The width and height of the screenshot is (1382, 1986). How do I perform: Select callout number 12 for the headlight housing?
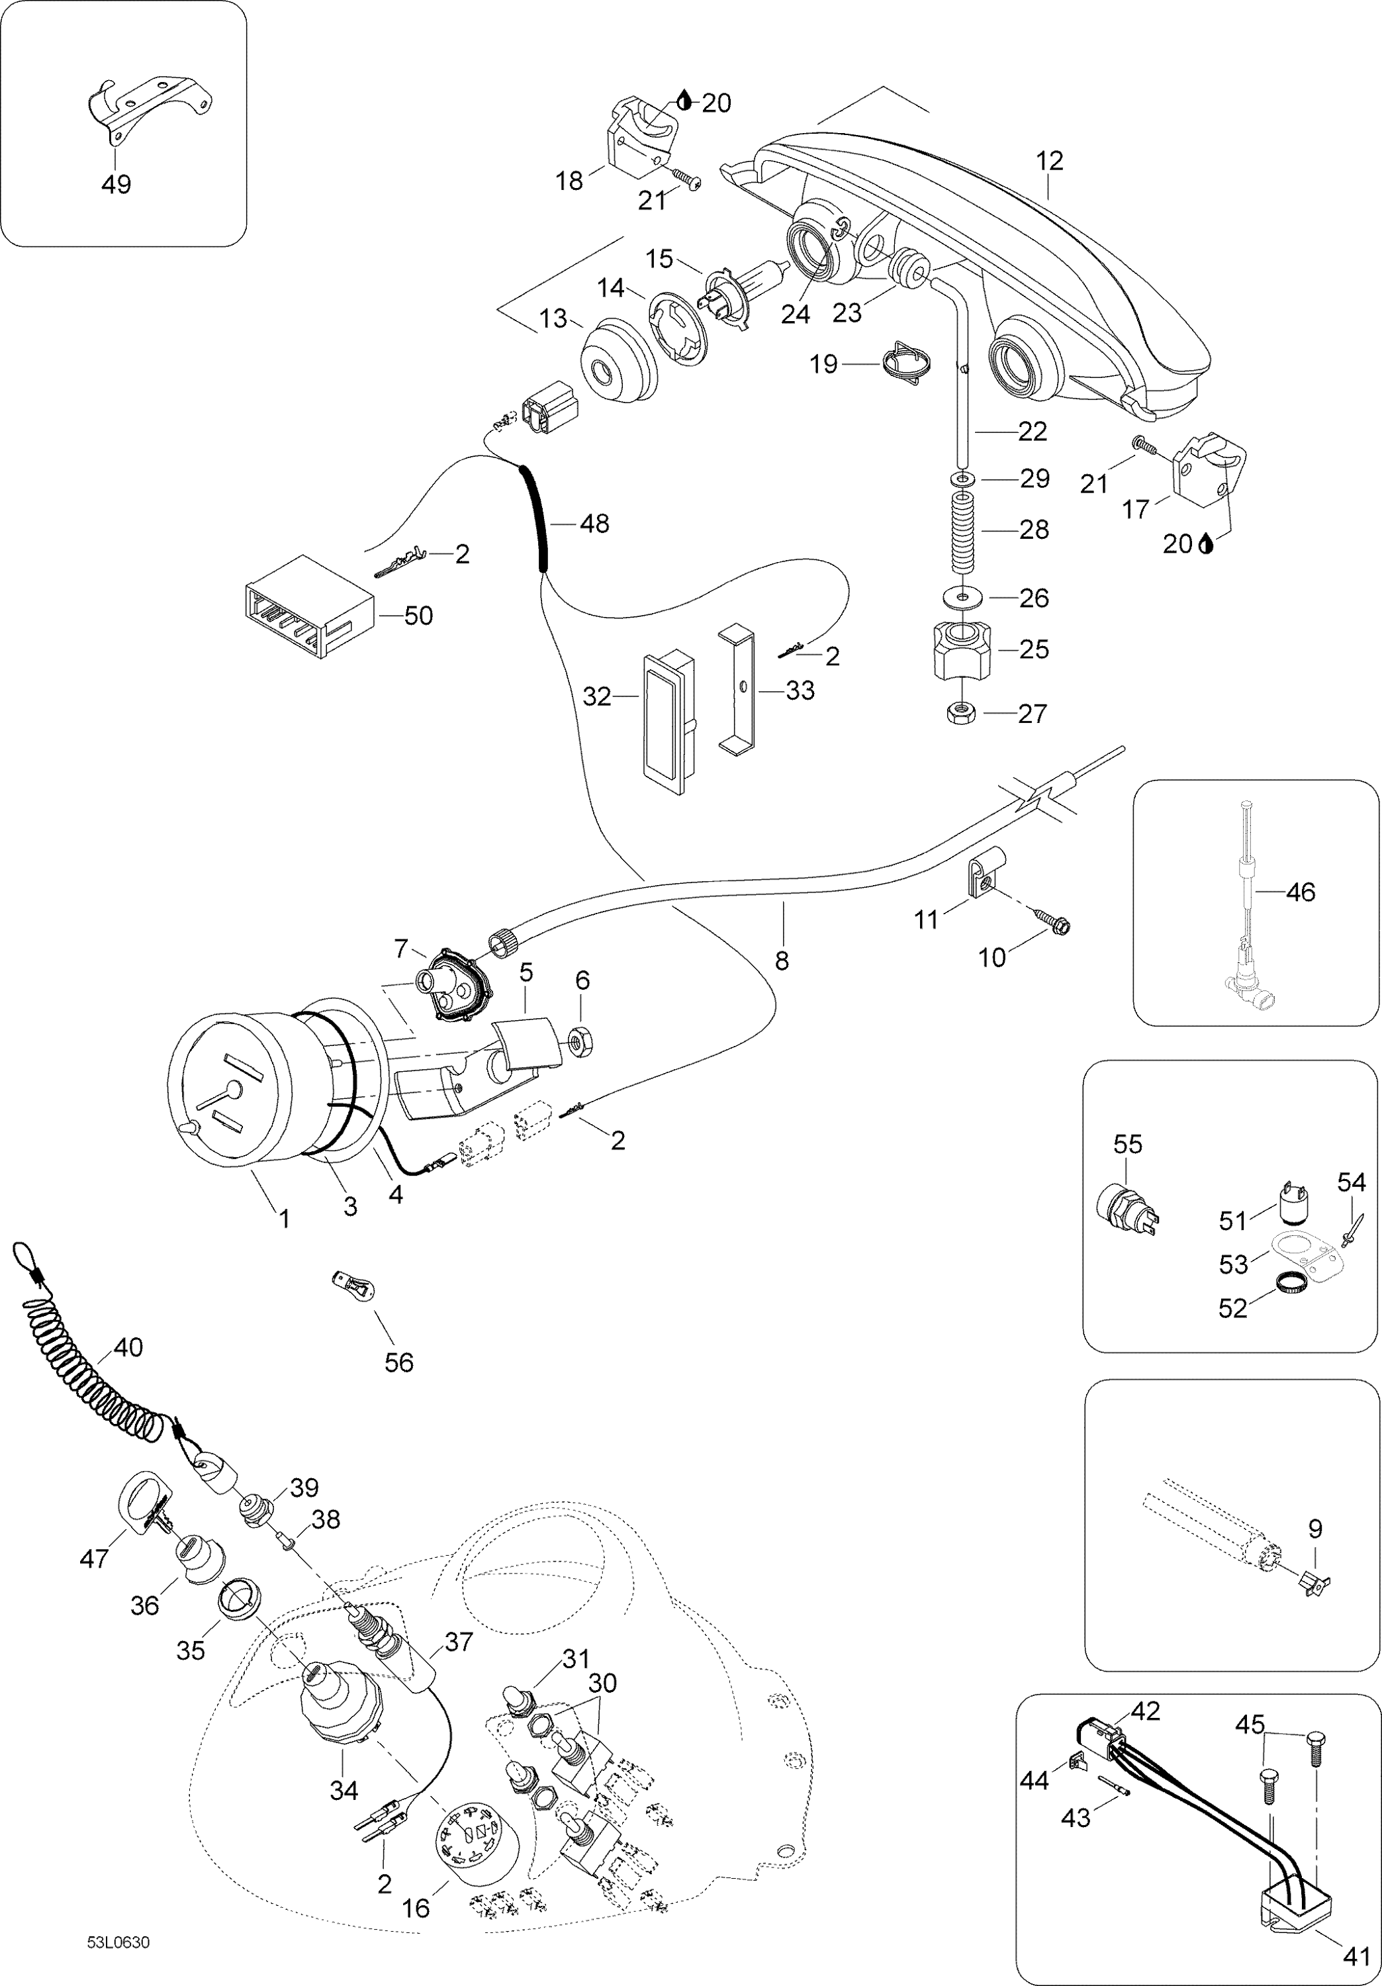[1049, 161]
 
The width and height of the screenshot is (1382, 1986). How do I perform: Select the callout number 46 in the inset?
[1300, 892]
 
